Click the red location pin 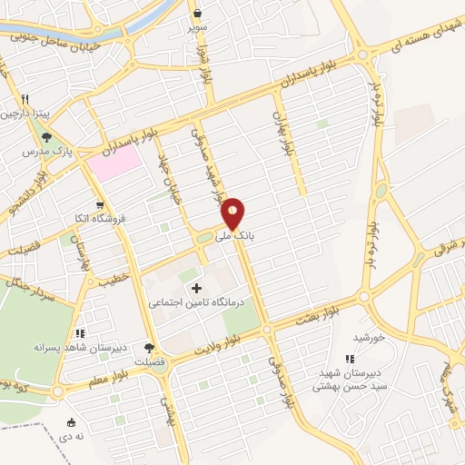pos(233,213)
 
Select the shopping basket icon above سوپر pos(198,13)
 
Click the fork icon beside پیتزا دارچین pos(27,100)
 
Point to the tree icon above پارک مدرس pos(47,136)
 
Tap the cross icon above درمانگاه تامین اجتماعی pos(196,288)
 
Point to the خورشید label pos(371,337)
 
